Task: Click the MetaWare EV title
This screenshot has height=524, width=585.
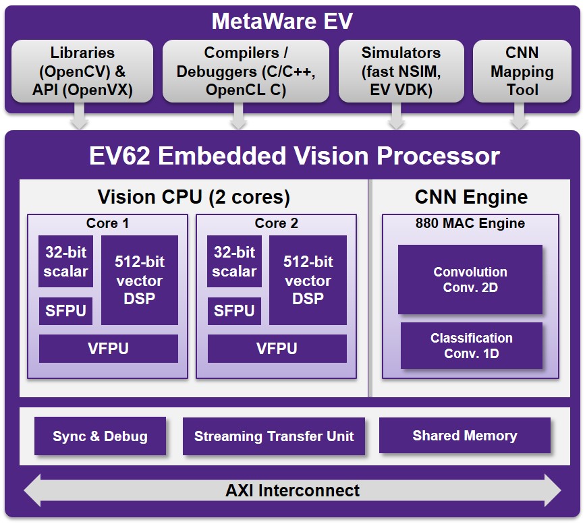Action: (282, 21)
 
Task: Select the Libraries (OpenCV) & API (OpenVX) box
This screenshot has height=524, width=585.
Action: (82, 71)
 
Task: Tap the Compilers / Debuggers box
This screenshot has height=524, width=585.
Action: (246, 71)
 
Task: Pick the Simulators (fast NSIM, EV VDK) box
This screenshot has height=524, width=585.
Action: (401, 71)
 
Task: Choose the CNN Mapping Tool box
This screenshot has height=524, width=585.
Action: (522, 71)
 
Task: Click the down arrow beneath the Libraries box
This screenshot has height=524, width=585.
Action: (79, 116)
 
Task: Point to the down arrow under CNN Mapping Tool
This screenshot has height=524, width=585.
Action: (519, 116)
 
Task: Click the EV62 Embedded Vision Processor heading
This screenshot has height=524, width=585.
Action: (294, 156)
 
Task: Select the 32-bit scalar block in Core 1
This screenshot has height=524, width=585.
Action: (65, 262)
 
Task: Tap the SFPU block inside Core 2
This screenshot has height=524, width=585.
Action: (234, 311)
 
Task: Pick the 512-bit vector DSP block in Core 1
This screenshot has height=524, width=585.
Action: (140, 280)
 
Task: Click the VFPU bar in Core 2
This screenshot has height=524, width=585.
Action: (277, 349)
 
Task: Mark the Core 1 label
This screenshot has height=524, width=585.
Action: (107, 223)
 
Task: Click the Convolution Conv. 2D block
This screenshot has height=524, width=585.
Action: (470, 280)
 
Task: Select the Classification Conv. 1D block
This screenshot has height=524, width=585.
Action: (472, 346)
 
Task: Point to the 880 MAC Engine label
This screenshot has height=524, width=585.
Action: (470, 223)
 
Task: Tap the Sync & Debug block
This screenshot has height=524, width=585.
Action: (100, 436)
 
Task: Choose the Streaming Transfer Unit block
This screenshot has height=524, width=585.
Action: (274, 436)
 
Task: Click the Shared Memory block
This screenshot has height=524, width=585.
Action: (465, 435)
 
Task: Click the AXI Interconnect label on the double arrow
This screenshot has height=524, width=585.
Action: (293, 490)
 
